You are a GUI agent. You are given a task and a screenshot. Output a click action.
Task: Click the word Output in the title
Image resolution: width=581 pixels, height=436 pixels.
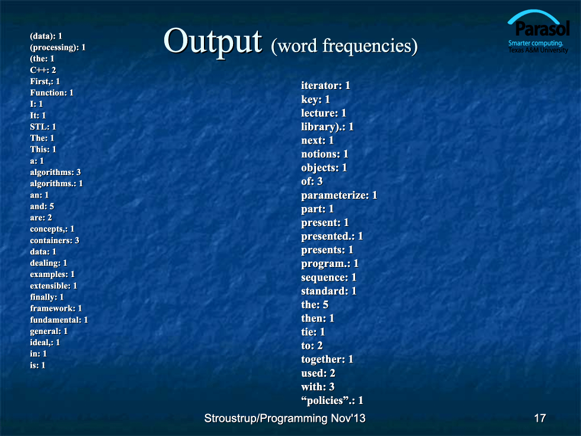pos(213,42)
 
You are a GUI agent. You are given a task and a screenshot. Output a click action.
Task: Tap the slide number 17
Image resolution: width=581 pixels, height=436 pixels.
pos(540,418)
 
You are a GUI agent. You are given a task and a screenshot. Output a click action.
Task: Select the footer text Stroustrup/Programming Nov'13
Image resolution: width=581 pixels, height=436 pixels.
pos(285,418)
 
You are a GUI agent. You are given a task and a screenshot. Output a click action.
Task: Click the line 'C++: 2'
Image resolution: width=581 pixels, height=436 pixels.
pos(43,70)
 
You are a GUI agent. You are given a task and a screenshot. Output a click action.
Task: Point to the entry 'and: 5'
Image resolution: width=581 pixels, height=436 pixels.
pos(42,206)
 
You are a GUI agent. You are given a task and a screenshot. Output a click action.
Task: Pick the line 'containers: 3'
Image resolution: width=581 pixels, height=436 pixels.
pos(55,240)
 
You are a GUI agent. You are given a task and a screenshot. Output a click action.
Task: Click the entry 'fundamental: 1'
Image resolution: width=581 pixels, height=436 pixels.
pos(59,320)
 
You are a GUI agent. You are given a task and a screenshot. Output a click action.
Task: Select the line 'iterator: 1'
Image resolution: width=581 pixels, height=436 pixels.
pos(325,85)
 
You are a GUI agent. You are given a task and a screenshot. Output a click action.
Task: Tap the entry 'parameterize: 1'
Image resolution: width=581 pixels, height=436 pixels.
pos(339,195)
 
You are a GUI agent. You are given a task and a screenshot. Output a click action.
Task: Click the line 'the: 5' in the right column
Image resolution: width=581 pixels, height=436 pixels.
pos(315,305)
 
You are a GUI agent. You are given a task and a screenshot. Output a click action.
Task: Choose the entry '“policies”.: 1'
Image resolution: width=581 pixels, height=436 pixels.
pos(332,400)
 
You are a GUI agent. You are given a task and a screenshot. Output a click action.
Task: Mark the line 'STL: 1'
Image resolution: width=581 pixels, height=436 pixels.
pos(43,127)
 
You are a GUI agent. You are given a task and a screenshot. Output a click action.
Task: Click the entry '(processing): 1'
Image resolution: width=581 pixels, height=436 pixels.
pos(58,47)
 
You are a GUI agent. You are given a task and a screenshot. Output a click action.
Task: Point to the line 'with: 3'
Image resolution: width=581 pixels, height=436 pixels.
pos(318,387)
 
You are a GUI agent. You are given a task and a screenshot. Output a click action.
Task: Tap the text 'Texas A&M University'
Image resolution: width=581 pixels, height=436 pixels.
pos(538,50)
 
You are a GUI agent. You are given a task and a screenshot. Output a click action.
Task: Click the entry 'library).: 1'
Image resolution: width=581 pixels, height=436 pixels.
pos(327,127)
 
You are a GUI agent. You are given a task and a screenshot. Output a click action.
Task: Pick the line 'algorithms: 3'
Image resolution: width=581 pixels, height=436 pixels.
pos(55,172)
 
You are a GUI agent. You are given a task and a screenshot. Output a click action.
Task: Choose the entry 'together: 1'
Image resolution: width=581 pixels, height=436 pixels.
pos(327,359)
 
